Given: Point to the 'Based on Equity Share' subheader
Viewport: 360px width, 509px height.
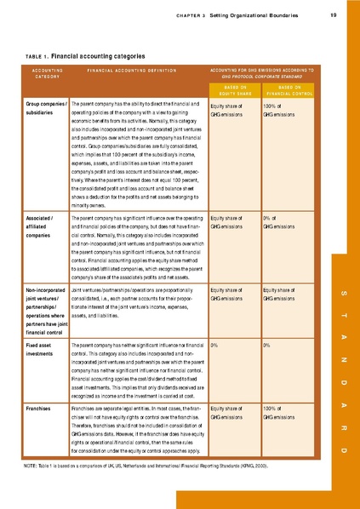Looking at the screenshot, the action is (x=230, y=89).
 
